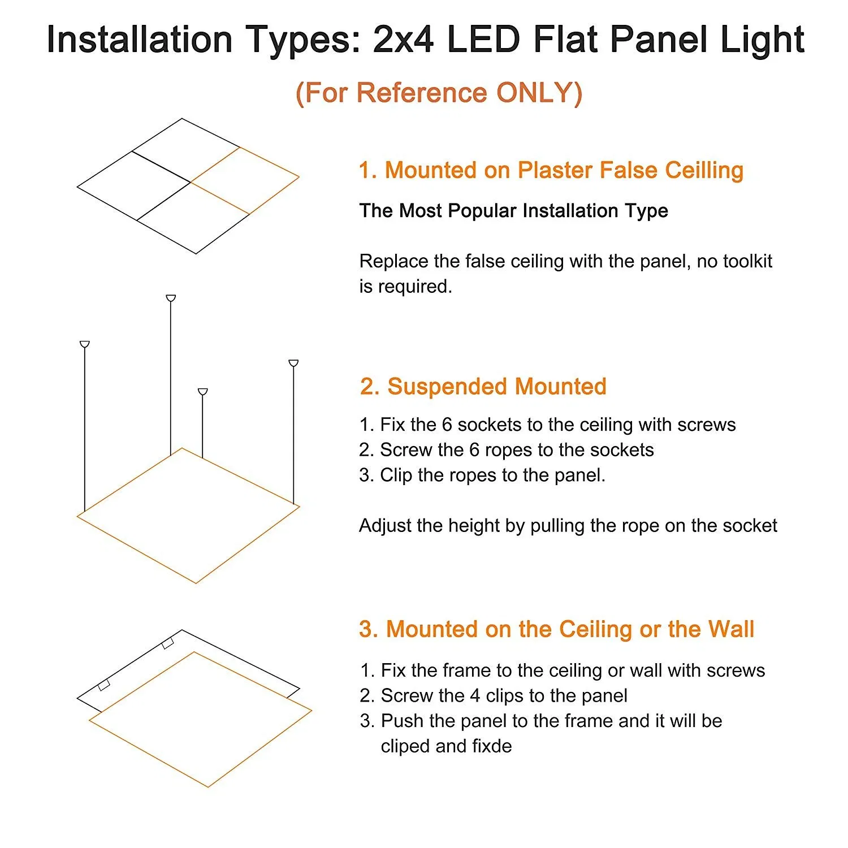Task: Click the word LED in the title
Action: click(x=483, y=40)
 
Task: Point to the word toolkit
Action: click(x=747, y=261)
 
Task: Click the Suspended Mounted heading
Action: click(x=483, y=387)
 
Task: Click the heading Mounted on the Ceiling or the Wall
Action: click(x=557, y=629)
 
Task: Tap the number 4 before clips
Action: click(x=475, y=695)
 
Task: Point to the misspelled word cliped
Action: click(x=406, y=746)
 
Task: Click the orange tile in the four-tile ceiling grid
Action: click(x=244, y=180)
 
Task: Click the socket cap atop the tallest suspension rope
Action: click(x=171, y=298)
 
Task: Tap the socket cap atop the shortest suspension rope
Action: click(x=203, y=391)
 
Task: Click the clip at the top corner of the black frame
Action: click(x=168, y=643)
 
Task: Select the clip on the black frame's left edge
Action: click(x=103, y=685)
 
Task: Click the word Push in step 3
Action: click(x=402, y=721)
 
